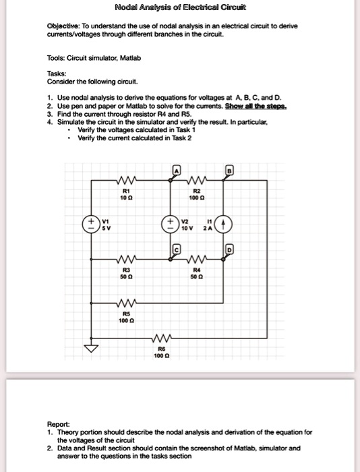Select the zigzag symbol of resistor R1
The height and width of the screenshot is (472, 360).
point(127,181)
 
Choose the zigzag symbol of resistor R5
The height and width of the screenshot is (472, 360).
point(127,300)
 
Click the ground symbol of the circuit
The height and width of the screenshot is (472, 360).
point(88,348)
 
